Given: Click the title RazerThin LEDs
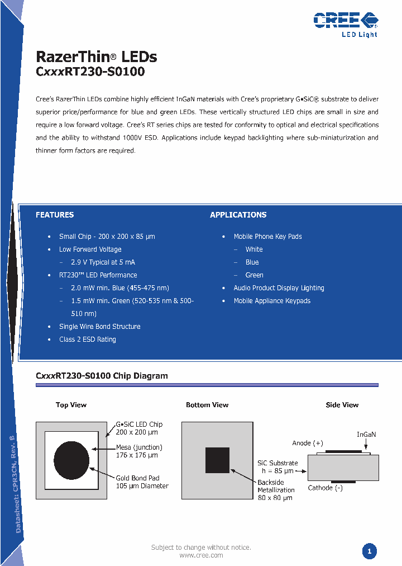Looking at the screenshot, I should point(96,57).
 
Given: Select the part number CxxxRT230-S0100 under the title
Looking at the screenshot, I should point(90,72).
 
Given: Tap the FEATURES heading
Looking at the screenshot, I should point(55,215).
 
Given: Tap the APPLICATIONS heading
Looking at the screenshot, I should point(238,215).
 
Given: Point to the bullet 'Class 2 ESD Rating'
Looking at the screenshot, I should point(88,339).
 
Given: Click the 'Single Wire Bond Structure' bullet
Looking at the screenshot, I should point(99,327).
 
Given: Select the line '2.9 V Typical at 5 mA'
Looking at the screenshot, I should point(103,262).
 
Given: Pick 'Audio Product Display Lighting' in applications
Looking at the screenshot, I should point(279,288).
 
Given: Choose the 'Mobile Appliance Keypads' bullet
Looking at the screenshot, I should point(272,301).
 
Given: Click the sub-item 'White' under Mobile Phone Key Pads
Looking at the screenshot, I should point(254,249).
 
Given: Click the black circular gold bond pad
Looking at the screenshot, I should point(71,459).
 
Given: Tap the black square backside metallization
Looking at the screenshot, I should point(217,460).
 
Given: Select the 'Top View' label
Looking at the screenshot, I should point(71,405).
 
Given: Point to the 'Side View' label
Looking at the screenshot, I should point(342,405).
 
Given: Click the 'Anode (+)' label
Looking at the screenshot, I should point(308,444).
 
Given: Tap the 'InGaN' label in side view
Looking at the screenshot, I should point(366,435).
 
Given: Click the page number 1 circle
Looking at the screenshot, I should point(369,551).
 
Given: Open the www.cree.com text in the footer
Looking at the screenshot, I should point(201,555).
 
